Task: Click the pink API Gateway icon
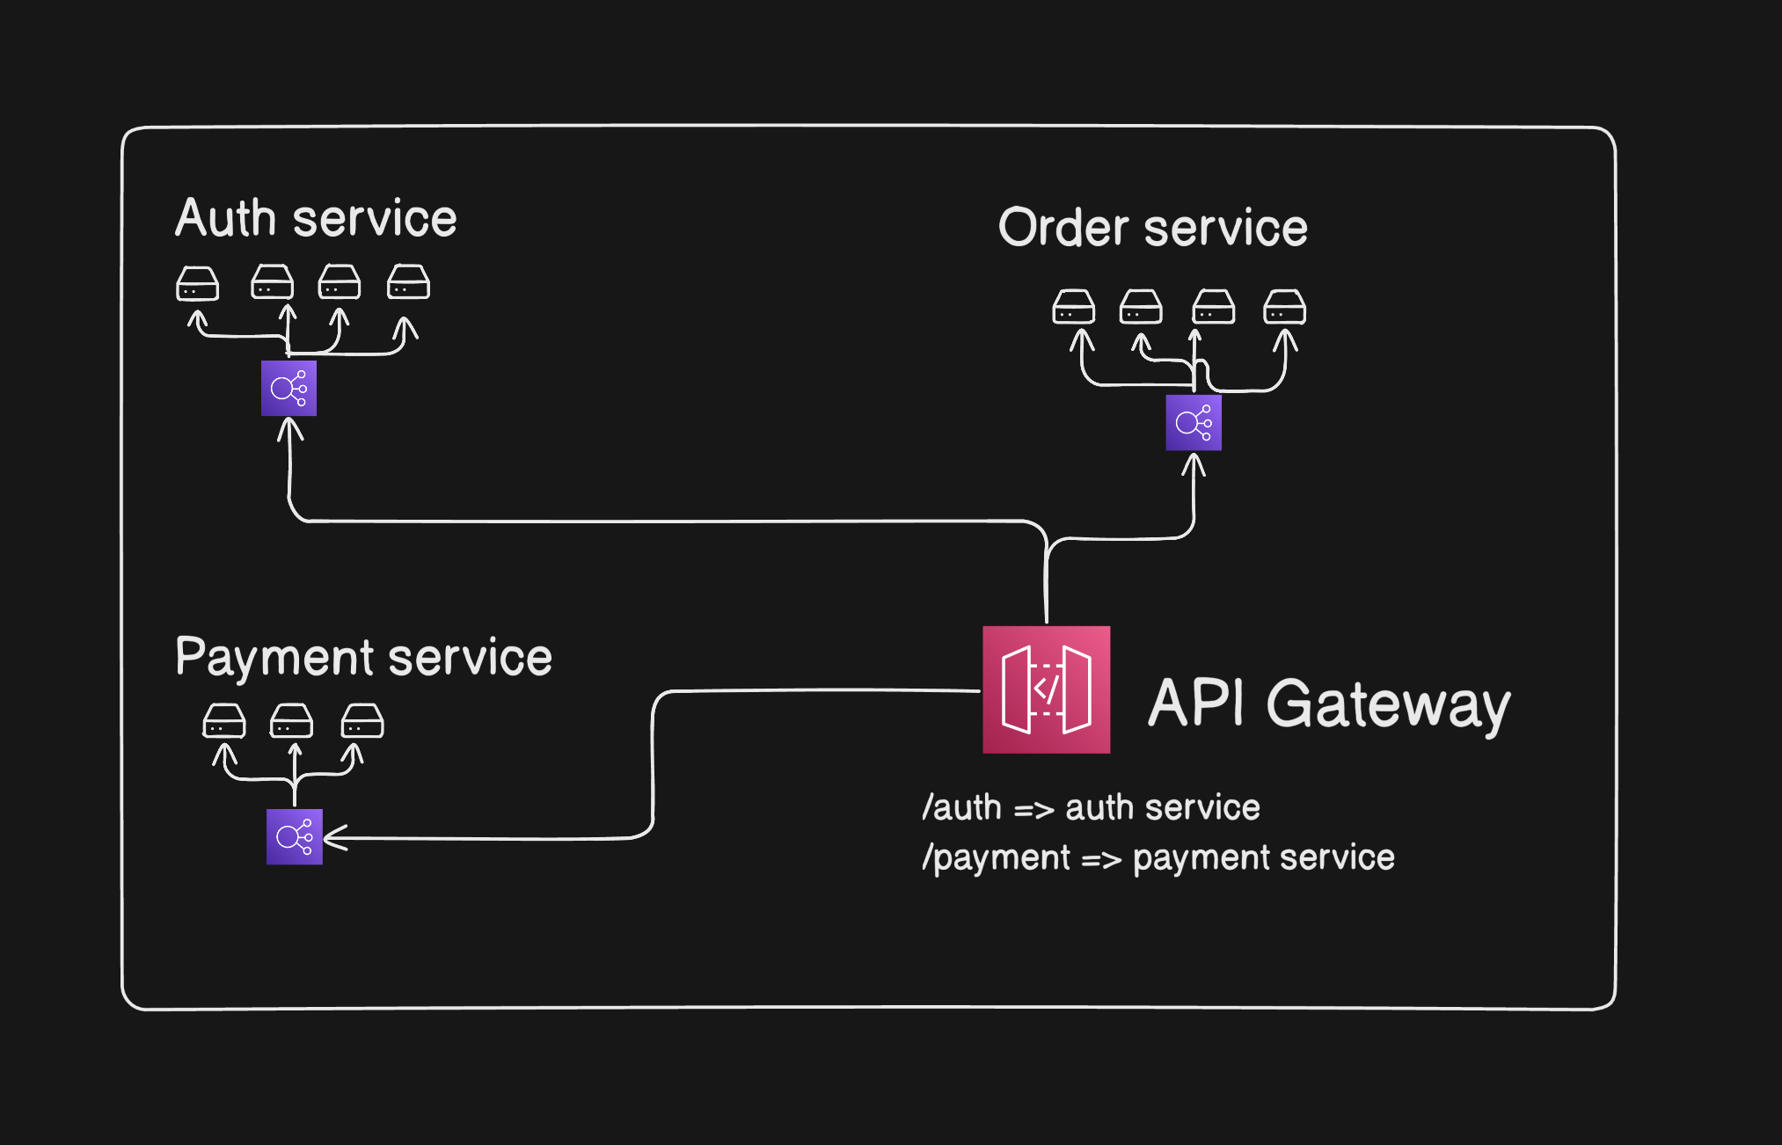pos(1046,689)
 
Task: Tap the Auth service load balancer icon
pos(288,388)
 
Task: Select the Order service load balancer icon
pos(1194,423)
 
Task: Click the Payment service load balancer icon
pos(295,836)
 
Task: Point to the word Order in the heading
pos(1063,228)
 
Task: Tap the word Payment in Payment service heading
pos(274,658)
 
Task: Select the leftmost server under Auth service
pos(197,284)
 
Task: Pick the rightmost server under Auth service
pos(409,282)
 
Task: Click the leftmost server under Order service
pos(1074,308)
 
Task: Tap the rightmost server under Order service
pos(1285,308)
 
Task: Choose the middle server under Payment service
pos(292,721)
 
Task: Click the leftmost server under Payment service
pos(224,721)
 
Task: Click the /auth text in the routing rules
pos(961,807)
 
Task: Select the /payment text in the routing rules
pos(996,857)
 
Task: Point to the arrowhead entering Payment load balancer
pos(334,837)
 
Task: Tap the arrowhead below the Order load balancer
pos(1194,463)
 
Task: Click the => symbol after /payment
pos(1101,859)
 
